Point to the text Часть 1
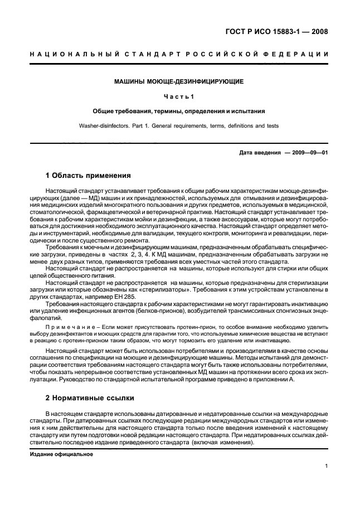tap(179, 96)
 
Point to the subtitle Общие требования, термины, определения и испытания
tap(179, 111)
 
